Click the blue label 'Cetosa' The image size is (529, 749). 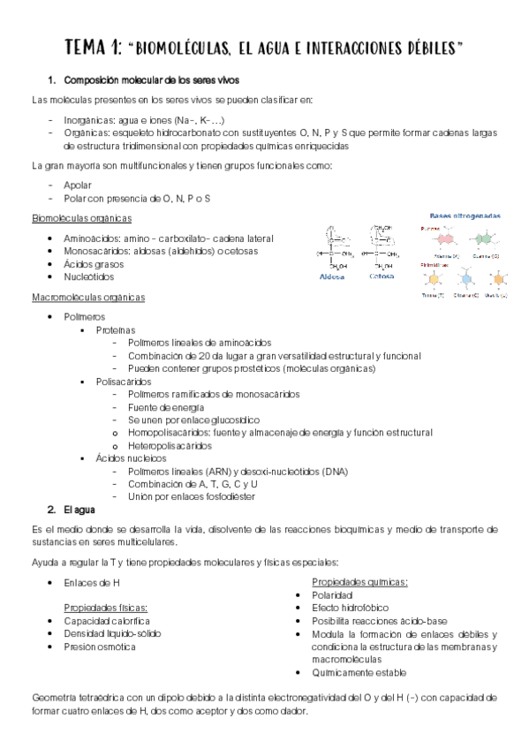[382, 276]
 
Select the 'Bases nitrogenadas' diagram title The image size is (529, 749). [465, 215]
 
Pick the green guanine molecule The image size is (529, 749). [482, 238]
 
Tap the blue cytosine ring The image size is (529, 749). [465, 279]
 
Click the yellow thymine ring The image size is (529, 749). [434, 279]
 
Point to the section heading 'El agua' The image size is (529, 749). [80, 510]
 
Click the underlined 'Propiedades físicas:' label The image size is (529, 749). [105, 608]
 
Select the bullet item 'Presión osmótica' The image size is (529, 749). [99, 647]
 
